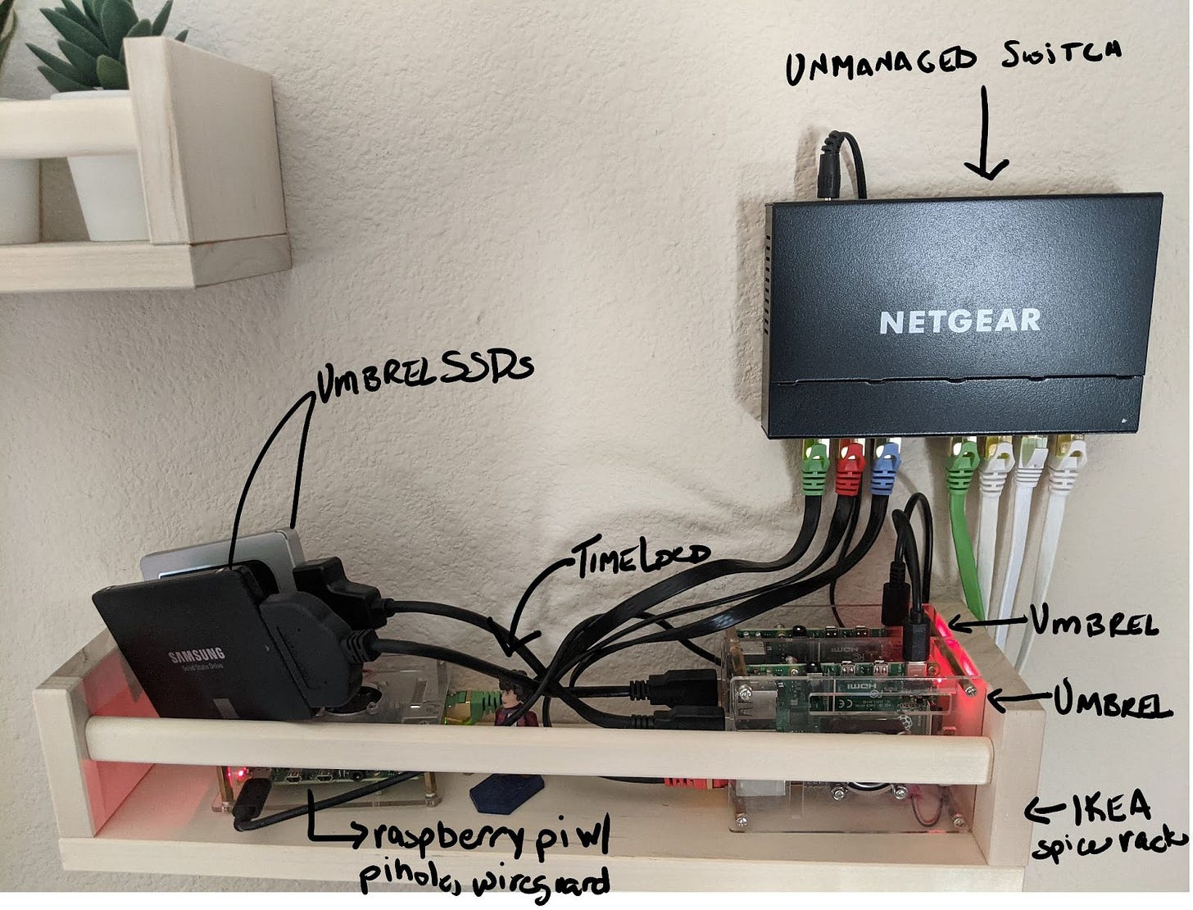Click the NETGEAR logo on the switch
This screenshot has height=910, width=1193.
[959, 321]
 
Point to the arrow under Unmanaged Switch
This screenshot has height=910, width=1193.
[986, 136]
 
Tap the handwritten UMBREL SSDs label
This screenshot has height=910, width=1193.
[423, 372]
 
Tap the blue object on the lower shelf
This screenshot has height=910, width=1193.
[506, 791]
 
